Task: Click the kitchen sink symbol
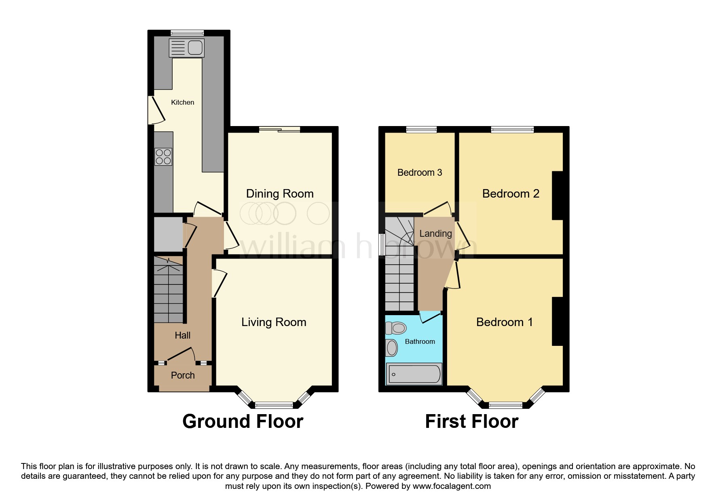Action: [x=187, y=48]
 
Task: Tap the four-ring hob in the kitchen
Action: [x=163, y=157]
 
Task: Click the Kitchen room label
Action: [x=182, y=102]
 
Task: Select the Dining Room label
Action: [x=280, y=194]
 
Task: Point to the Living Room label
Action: [x=274, y=322]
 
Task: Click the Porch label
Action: [x=183, y=375]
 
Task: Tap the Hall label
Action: [x=182, y=335]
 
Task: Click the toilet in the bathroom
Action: [x=396, y=328]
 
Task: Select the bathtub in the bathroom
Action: [x=414, y=374]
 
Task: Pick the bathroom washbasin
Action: [x=391, y=347]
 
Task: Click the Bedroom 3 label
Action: [x=420, y=173]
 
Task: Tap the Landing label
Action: [x=435, y=234]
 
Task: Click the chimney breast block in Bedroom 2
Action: [x=558, y=196]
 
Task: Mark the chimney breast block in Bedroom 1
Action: [x=558, y=321]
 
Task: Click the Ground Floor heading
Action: [x=243, y=421]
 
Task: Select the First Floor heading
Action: [x=471, y=421]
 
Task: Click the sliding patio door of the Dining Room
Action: [x=280, y=130]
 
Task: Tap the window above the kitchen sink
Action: [x=187, y=33]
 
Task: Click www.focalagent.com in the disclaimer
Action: [x=452, y=486]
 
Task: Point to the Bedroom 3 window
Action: [x=421, y=130]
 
